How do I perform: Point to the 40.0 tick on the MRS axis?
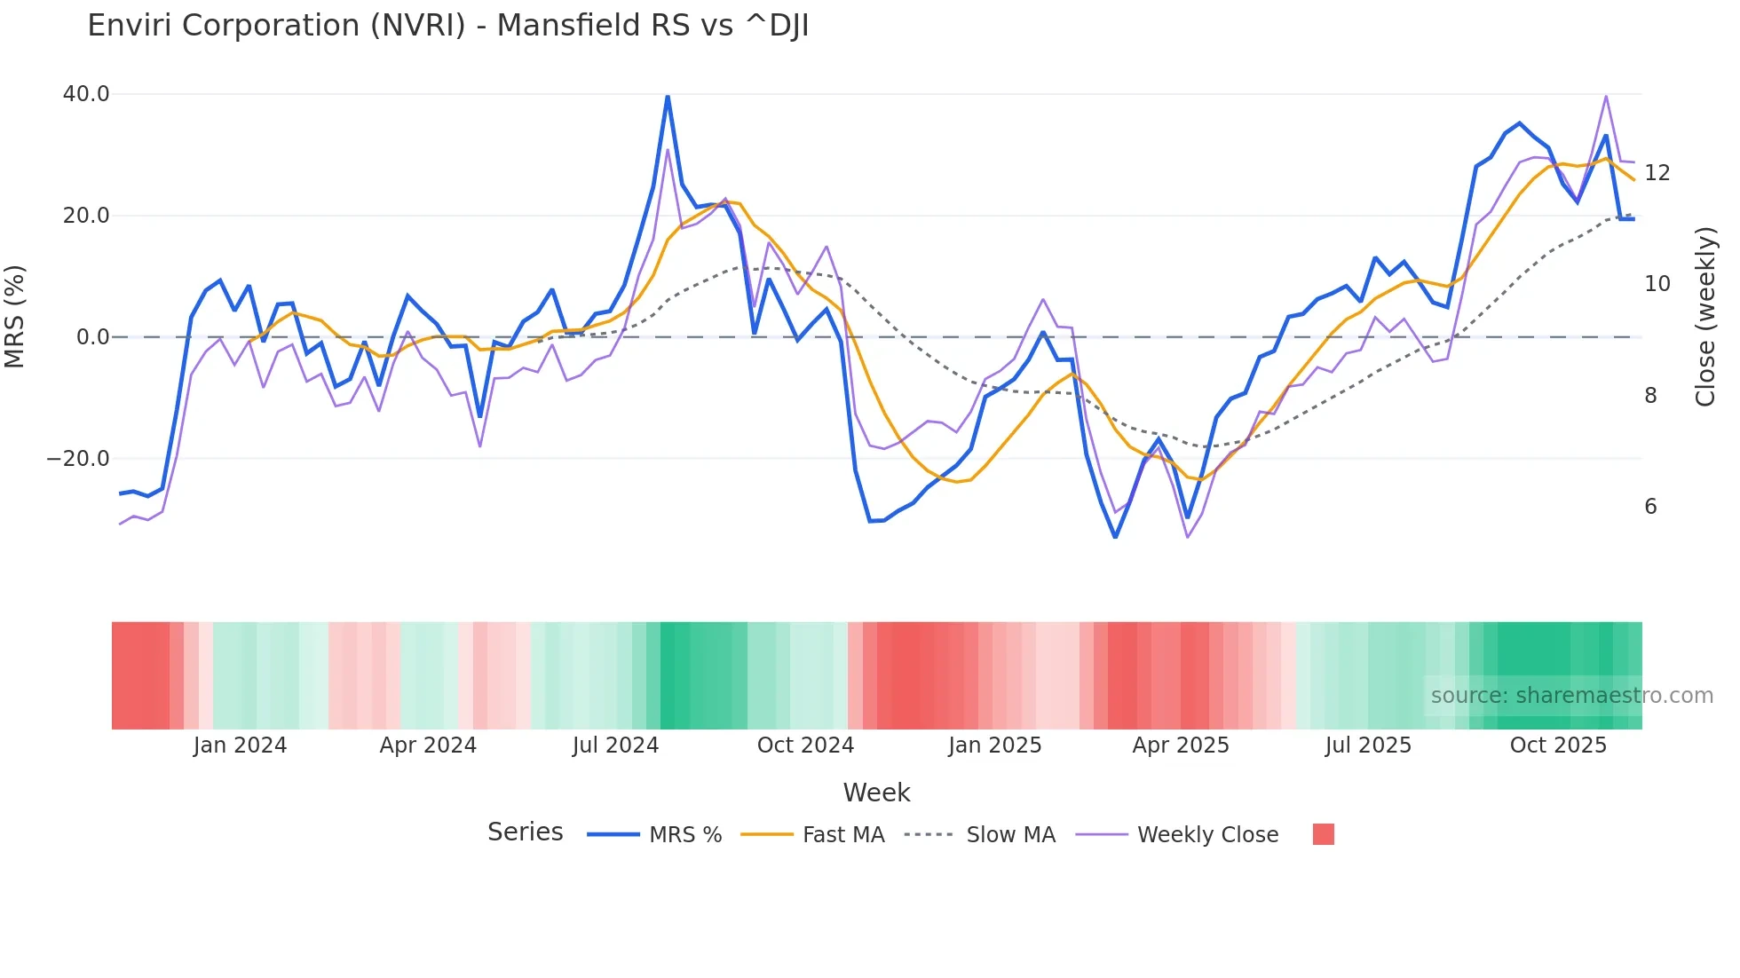pyautogui.click(x=86, y=94)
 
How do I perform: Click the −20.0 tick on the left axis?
pyautogui.click(x=78, y=459)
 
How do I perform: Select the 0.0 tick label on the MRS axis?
pyautogui.click(x=92, y=337)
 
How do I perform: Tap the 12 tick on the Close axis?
pyautogui.click(x=1657, y=173)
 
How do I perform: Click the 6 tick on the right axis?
pyautogui.click(x=1650, y=507)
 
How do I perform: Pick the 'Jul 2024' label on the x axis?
pyautogui.click(x=615, y=745)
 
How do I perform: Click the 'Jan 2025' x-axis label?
pyautogui.click(x=994, y=745)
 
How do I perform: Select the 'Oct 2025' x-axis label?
pyautogui.click(x=1558, y=745)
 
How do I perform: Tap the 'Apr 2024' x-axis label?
pyautogui.click(x=428, y=745)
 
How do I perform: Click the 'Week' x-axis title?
pyautogui.click(x=876, y=793)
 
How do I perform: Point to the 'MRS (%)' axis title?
pyautogui.click(x=15, y=316)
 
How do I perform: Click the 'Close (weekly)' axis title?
pyautogui.click(x=1704, y=317)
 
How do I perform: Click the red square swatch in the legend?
pyautogui.click(x=1323, y=834)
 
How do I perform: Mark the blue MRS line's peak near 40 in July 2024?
pyautogui.click(x=668, y=97)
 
